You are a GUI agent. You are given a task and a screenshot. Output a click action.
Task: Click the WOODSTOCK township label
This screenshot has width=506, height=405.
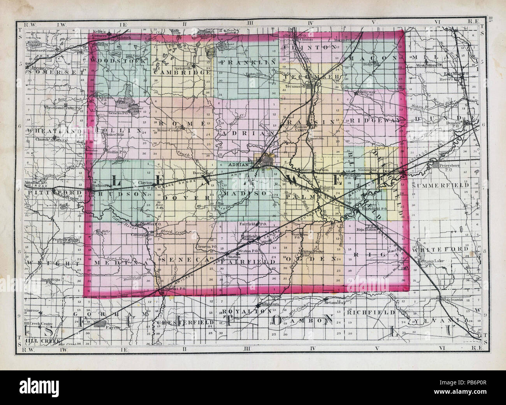coord(119,61)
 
